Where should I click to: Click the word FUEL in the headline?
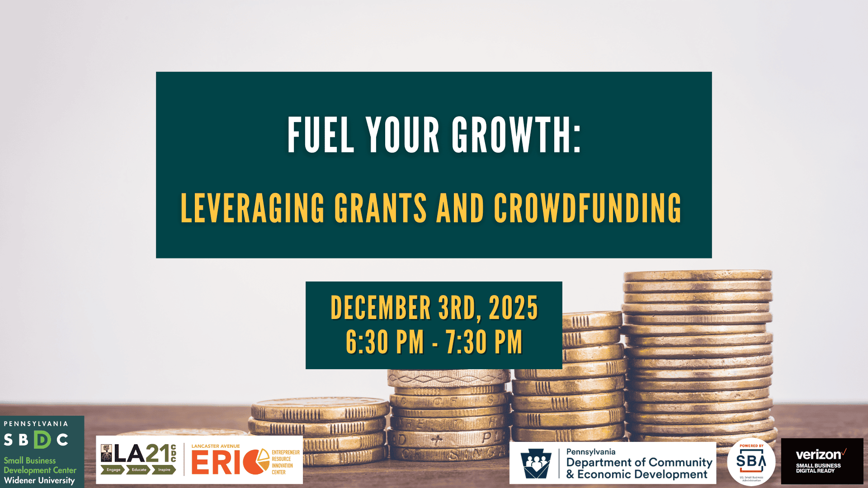click(x=321, y=135)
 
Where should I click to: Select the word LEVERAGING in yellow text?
click(x=252, y=208)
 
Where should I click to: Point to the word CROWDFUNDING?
click(x=587, y=208)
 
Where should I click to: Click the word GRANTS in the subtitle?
click(x=380, y=208)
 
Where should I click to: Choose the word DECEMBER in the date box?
click(x=381, y=308)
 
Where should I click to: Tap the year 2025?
click(x=514, y=308)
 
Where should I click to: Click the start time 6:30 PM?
click(x=385, y=342)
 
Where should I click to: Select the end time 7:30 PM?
click(x=484, y=342)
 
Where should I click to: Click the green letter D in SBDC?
click(x=42, y=440)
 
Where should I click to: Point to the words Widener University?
click(x=39, y=480)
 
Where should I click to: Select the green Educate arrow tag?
click(x=139, y=470)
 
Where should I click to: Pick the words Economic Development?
click(x=642, y=474)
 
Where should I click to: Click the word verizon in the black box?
click(x=818, y=455)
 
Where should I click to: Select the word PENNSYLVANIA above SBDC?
click(x=36, y=424)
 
